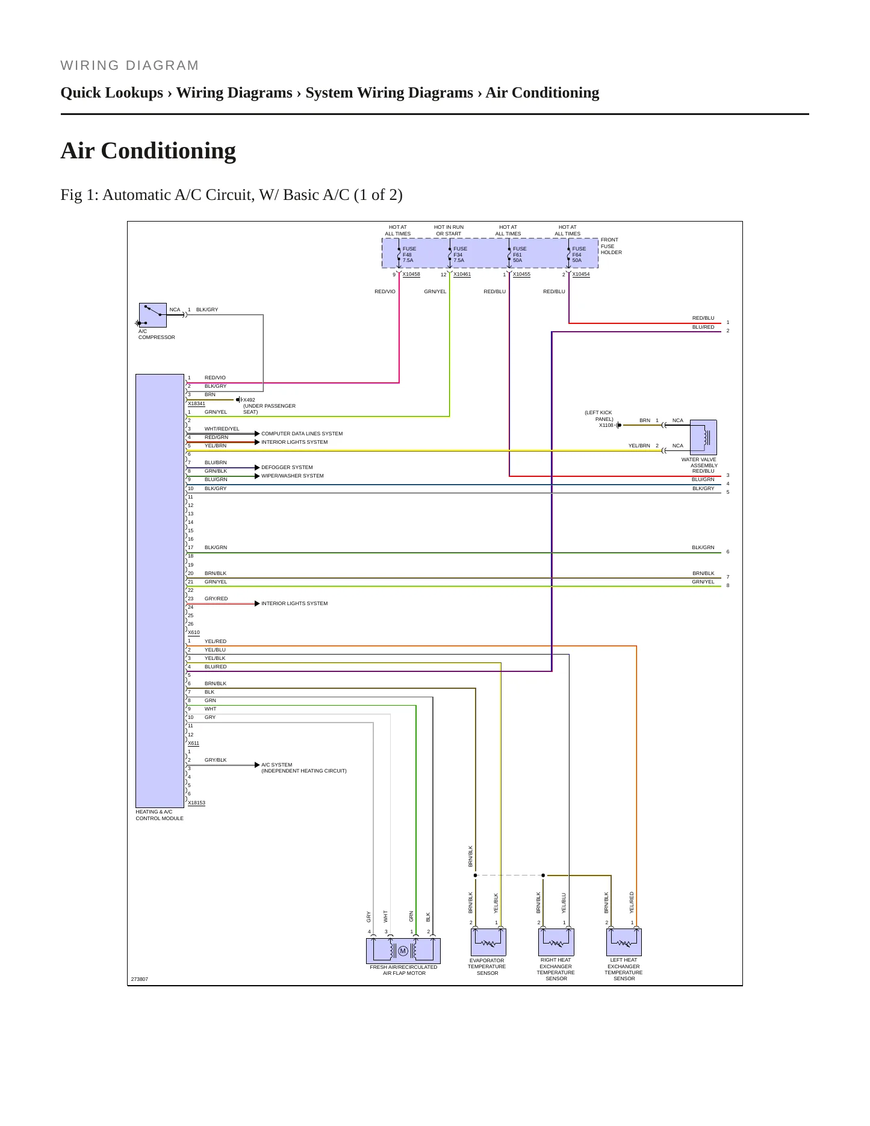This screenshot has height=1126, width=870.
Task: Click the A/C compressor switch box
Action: coord(152,315)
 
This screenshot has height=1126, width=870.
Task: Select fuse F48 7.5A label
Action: coord(409,255)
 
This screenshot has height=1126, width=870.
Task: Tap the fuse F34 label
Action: coord(461,255)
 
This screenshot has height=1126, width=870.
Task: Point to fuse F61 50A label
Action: coord(520,255)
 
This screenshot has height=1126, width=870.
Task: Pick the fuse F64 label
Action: coord(579,255)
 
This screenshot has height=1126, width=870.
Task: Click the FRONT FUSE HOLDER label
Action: coord(611,246)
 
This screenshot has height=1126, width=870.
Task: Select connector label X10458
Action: coord(411,275)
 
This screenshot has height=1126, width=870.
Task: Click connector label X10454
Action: coord(581,275)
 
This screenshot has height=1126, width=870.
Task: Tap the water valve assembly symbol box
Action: coord(703,437)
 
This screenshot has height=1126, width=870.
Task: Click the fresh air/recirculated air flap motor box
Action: coord(403,951)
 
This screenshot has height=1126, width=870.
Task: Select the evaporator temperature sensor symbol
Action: coord(488,942)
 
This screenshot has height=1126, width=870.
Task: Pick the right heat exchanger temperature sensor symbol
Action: coord(556,942)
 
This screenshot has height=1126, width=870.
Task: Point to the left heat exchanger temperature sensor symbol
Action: coord(624,942)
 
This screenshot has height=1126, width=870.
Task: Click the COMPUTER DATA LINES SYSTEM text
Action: coord(302,434)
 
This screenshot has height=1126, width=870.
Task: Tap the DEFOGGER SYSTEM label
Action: coord(287,467)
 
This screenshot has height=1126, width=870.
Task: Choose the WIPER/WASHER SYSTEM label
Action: coord(292,476)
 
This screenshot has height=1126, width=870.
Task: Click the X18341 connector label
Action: coord(196,404)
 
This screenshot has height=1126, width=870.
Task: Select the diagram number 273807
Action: coord(139,979)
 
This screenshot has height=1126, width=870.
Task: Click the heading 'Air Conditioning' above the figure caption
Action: coord(148,151)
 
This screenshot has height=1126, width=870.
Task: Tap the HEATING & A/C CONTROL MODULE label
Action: coord(160,815)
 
